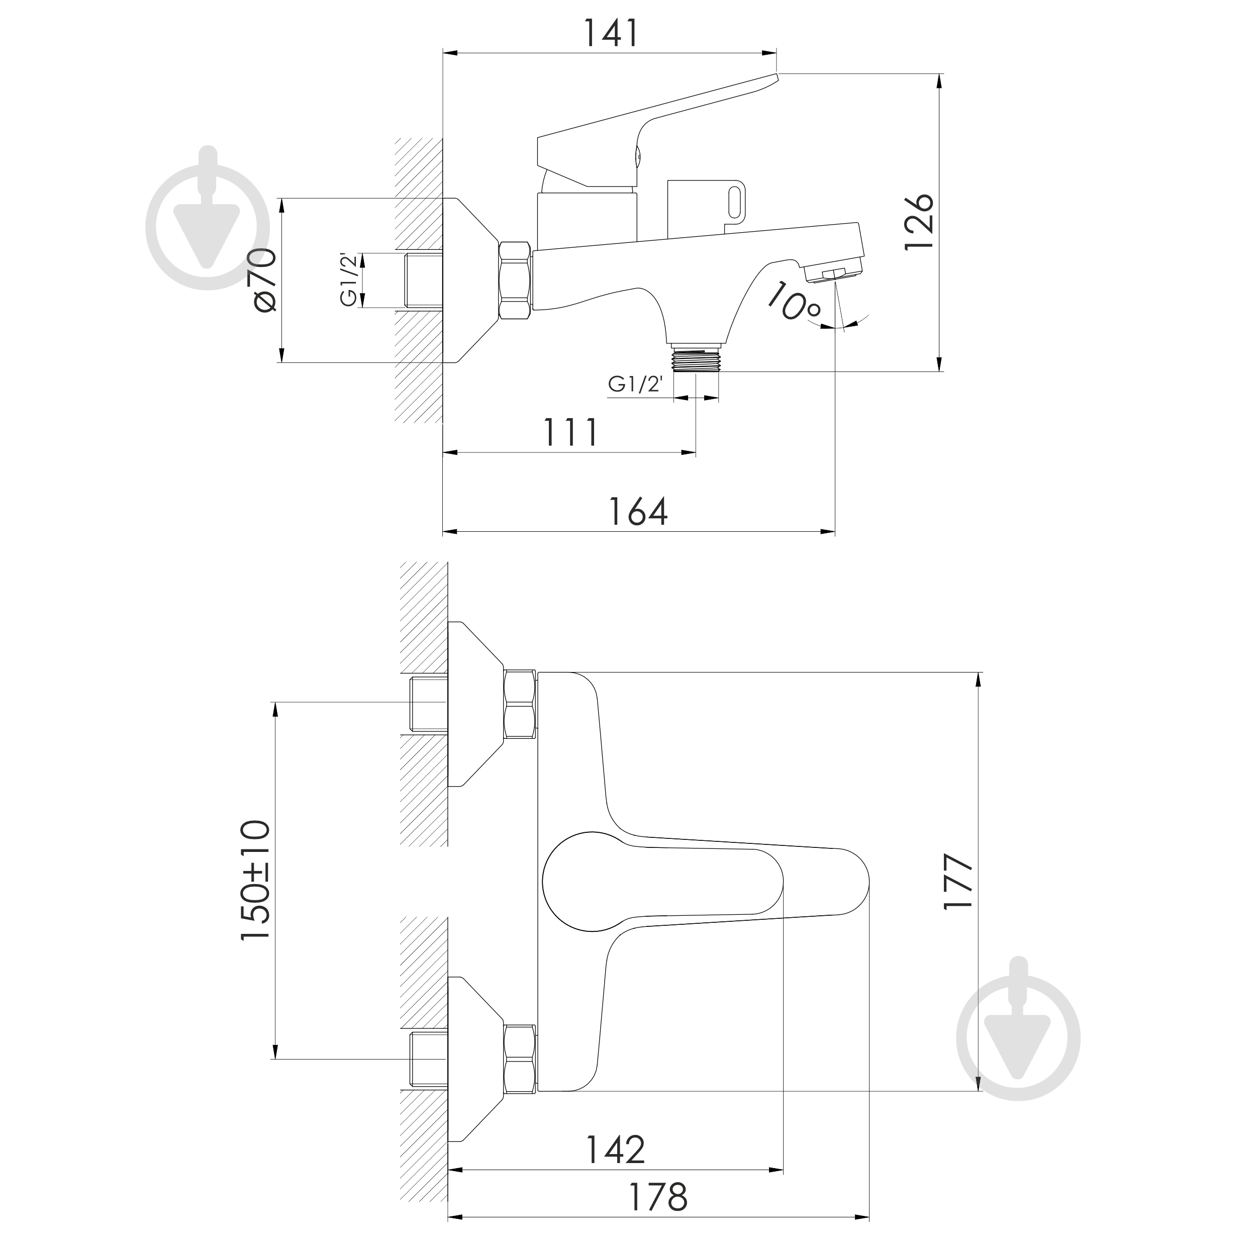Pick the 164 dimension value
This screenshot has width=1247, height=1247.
click(x=638, y=512)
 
